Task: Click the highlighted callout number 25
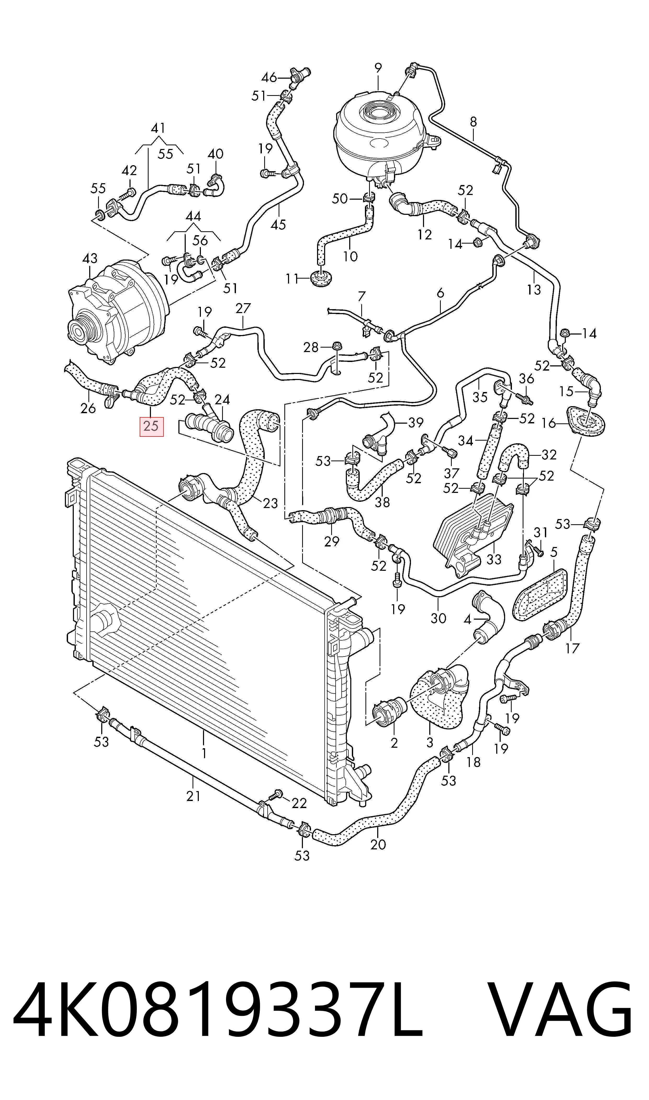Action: pyautogui.click(x=151, y=426)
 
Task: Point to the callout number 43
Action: pyautogui.click(x=90, y=259)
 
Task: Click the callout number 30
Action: pyautogui.click(x=438, y=618)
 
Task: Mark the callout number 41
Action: pyautogui.click(x=158, y=128)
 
